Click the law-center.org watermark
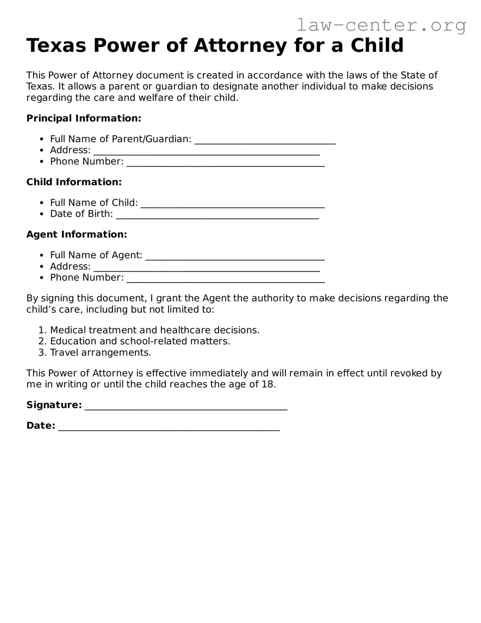tap(381, 25)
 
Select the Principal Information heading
tap(84, 118)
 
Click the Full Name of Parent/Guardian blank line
tap(265, 140)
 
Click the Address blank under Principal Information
tap(206, 151)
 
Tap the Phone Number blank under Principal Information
tap(225, 162)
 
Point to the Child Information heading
tap(74, 182)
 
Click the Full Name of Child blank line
tap(233, 204)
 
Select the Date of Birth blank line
tap(217, 215)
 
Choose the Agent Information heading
tap(76, 234)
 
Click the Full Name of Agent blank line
tap(235, 256)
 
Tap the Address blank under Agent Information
tap(206, 267)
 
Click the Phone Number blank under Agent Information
tap(225, 278)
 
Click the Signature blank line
tap(186, 406)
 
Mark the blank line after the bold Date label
tap(169, 427)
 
